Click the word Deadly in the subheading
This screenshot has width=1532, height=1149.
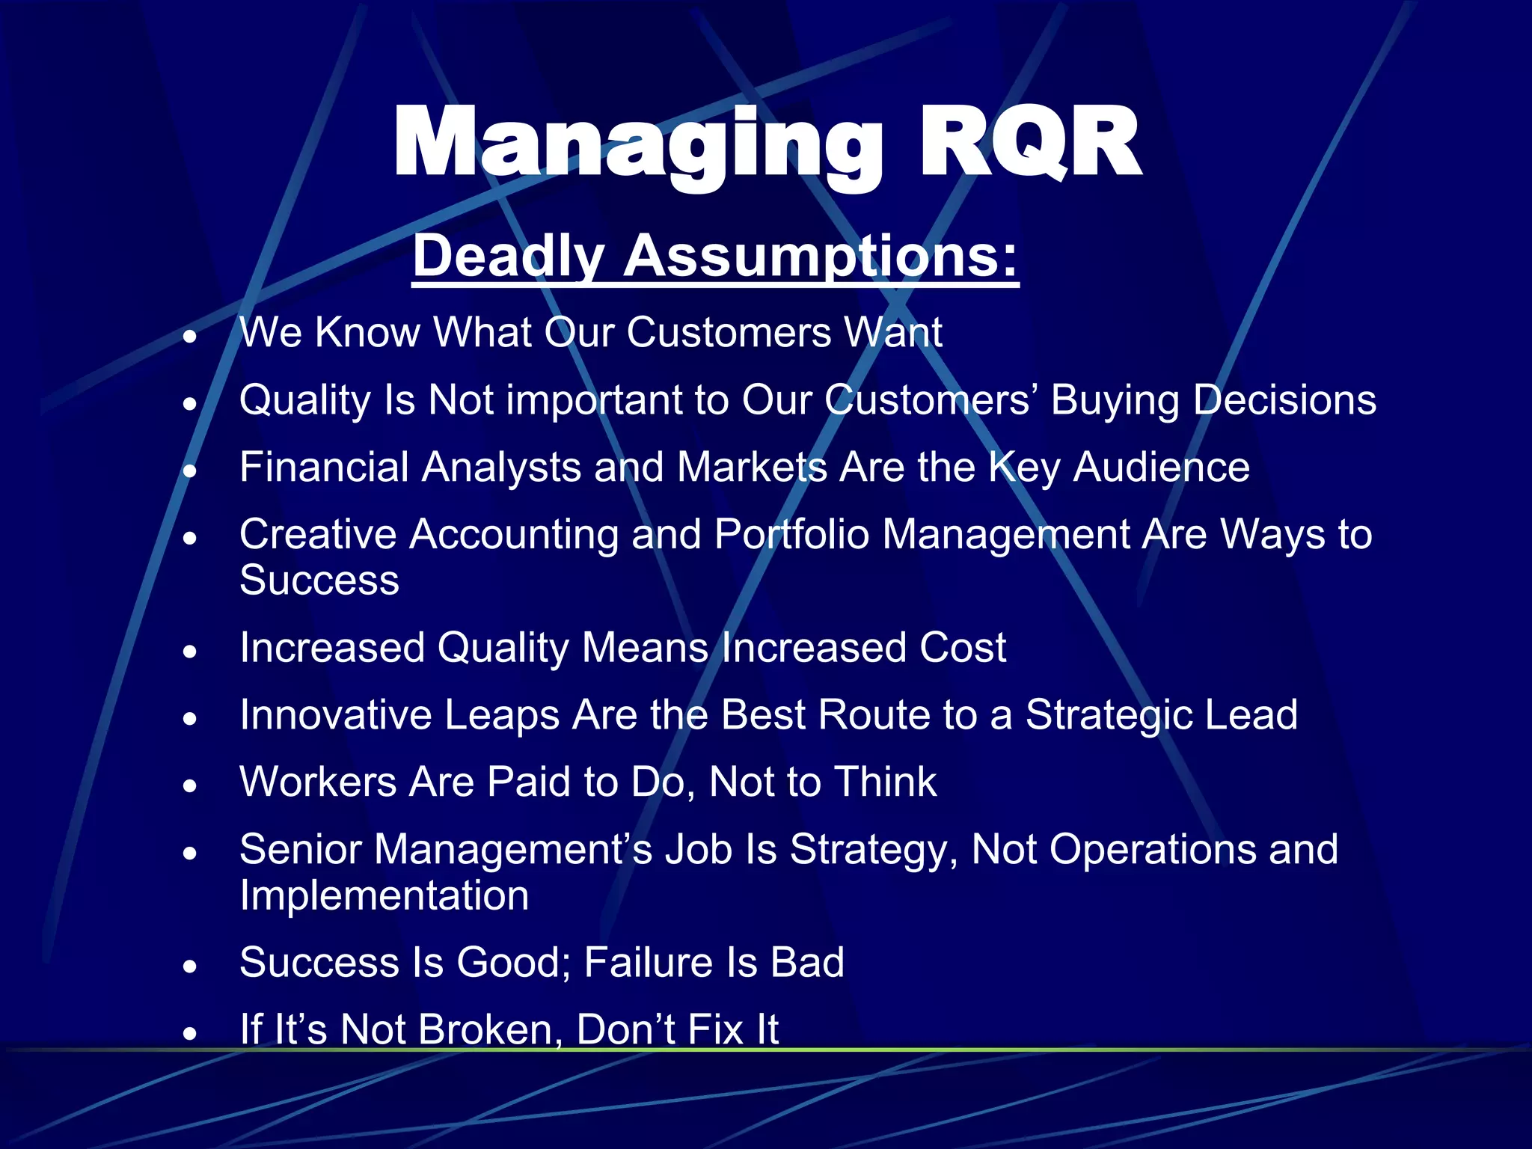[508, 256]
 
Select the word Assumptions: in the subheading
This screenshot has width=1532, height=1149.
[821, 256]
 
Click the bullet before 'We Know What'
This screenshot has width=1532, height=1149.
[191, 336]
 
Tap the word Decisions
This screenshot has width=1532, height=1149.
[1284, 400]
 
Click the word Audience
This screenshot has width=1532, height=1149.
[1161, 468]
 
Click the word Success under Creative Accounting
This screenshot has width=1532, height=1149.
[319, 580]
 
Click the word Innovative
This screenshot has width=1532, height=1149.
[336, 715]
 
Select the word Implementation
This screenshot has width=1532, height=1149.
[384, 896]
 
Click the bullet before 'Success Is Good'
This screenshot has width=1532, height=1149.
[191, 966]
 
